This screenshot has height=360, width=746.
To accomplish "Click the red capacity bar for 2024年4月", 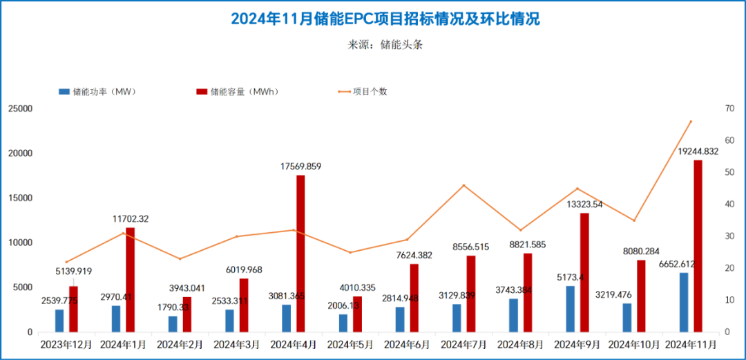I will pyautogui.click(x=300, y=254).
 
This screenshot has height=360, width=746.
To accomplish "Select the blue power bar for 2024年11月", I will pyautogui.click(x=684, y=303).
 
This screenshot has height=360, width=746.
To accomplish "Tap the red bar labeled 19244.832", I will pyautogui.click(x=698, y=246).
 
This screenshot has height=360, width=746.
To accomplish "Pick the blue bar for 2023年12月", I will pyautogui.click(x=59, y=321).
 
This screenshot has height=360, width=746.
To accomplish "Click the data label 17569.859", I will pyautogui.click(x=300, y=167).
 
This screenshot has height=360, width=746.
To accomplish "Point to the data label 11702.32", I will pyautogui.click(x=131, y=219).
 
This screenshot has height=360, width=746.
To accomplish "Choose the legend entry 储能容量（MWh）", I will pyautogui.click(x=242, y=92).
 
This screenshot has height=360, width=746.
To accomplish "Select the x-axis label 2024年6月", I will pyautogui.click(x=407, y=343).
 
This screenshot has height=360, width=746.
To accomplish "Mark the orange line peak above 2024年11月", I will pyautogui.click(x=691, y=121).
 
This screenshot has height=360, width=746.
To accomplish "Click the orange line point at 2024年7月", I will pyautogui.click(x=463, y=185).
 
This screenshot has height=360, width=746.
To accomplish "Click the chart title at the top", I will pyautogui.click(x=385, y=19).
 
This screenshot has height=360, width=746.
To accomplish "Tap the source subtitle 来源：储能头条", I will pyautogui.click(x=385, y=44).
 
